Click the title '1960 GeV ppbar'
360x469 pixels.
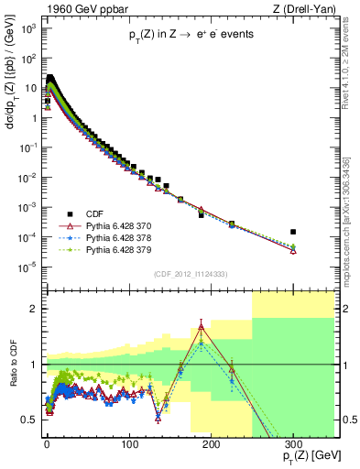[x=82, y=10]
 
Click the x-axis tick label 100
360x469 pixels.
[x=128, y=437]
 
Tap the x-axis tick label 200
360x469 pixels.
[x=211, y=437]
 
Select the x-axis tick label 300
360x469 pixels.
[x=293, y=437]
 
